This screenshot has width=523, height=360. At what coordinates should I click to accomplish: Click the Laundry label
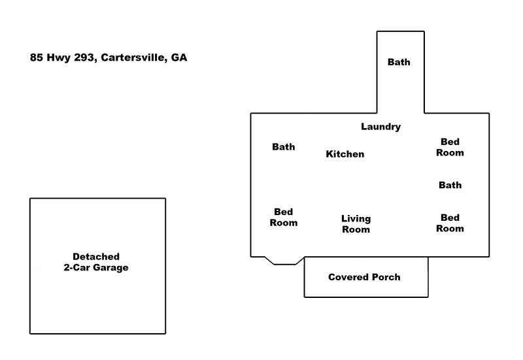(x=380, y=127)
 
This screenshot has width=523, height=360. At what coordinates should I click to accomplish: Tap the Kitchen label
(x=345, y=154)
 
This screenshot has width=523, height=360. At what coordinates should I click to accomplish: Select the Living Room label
(x=356, y=224)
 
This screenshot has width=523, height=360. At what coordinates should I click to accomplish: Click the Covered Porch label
(x=364, y=277)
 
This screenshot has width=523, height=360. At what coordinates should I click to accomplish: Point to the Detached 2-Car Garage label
(x=96, y=262)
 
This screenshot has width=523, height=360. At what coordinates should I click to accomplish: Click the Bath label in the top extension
(x=399, y=62)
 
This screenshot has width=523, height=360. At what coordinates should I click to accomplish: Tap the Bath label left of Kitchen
(x=284, y=146)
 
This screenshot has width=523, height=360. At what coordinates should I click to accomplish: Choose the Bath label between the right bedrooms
(x=450, y=185)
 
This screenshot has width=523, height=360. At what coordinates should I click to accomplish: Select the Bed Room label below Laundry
(x=450, y=147)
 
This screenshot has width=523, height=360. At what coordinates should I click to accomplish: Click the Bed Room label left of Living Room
(x=284, y=218)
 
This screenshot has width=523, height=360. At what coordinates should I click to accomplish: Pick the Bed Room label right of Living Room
(x=450, y=223)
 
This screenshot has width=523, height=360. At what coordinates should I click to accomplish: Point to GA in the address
(x=179, y=57)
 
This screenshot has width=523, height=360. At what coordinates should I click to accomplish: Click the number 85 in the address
(x=37, y=57)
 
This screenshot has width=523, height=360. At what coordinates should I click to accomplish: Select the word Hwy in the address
(x=58, y=58)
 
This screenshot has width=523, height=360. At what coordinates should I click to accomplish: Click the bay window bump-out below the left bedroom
(x=284, y=261)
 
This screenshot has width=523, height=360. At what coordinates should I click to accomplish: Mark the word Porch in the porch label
(x=386, y=277)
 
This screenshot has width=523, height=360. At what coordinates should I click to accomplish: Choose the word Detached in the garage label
(x=96, y=257)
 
